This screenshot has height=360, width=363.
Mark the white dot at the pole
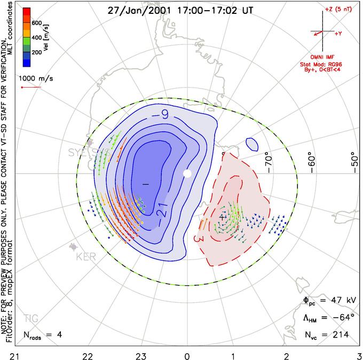[x=187, y=174]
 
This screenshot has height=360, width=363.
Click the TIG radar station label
[x=31, y=319]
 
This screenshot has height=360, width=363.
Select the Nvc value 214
[x=340, y=335]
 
